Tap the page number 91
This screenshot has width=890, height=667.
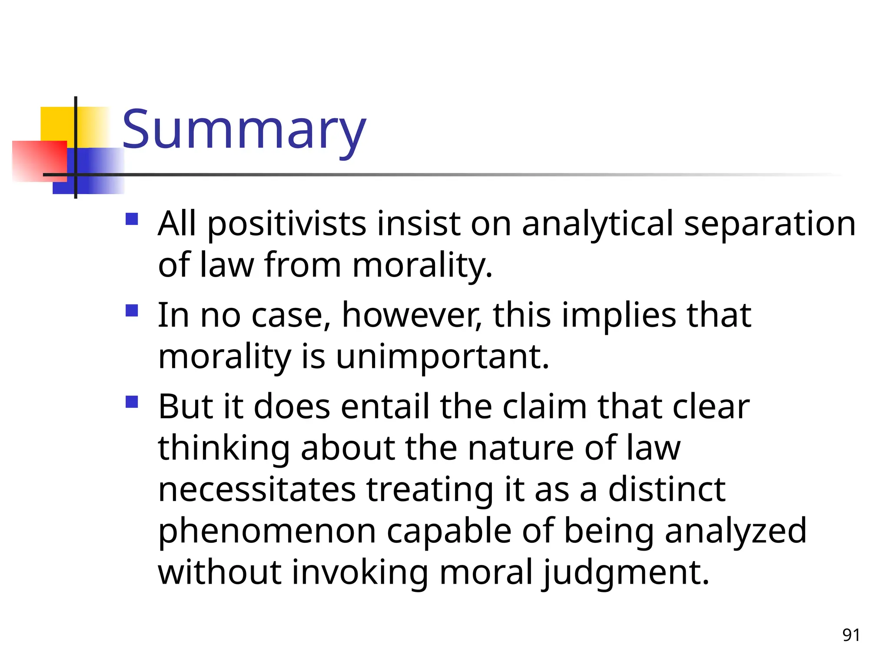[x=851, y=635]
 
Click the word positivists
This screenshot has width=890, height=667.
[x=287, y=225]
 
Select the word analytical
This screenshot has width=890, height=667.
[x=597, y=225]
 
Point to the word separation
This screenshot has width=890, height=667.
[x=770, y=225]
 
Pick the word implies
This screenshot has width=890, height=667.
[x=619, y=316]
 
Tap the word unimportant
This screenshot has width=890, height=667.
[x=442, y=357]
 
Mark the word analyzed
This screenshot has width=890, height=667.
[x=735, y=531]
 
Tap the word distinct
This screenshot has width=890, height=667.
[x=667, y=490]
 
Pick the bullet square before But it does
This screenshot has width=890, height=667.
[x=132, y=402]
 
